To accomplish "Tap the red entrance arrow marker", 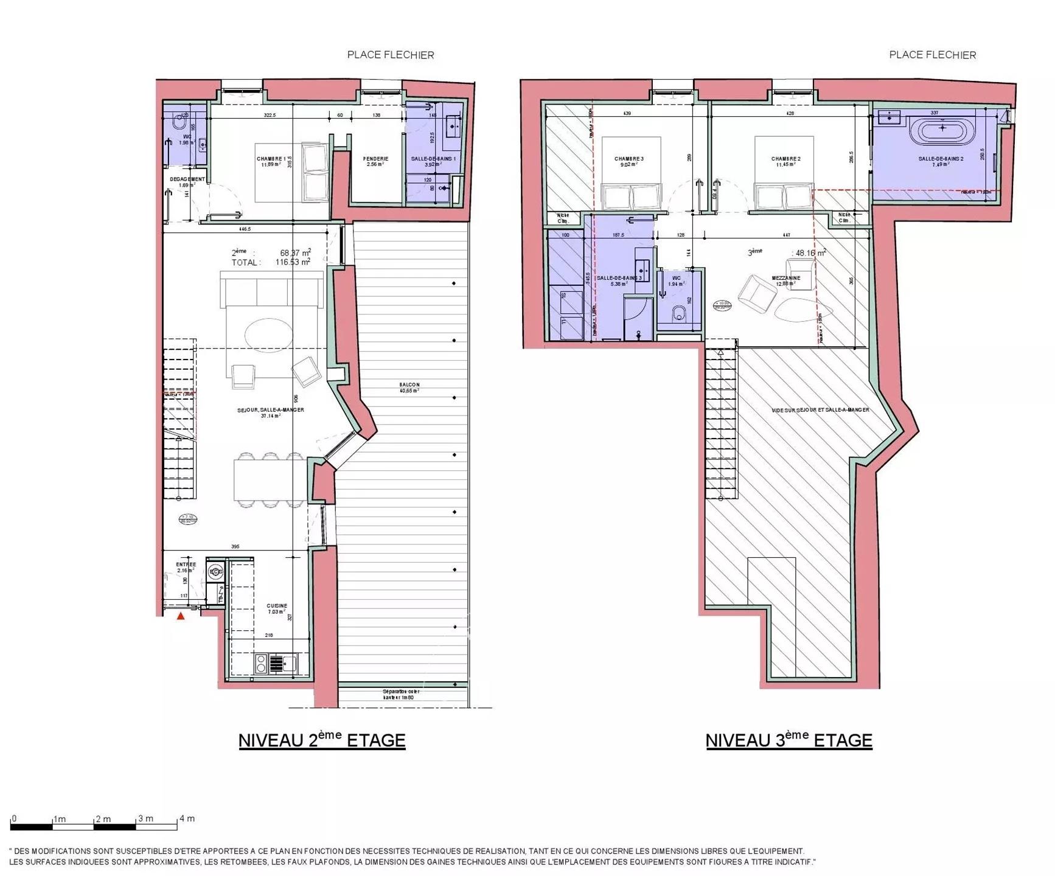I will (181, 616).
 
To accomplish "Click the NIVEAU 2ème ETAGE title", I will (321, 740).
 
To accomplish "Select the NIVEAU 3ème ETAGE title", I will (789, 740).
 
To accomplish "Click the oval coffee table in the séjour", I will (268, 335).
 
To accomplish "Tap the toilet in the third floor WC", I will (680, 315).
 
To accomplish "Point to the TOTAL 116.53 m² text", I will (271, 262).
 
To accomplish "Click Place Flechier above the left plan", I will (391, 55).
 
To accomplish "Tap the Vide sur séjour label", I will (820, 410).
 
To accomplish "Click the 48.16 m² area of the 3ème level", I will (810, 253).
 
